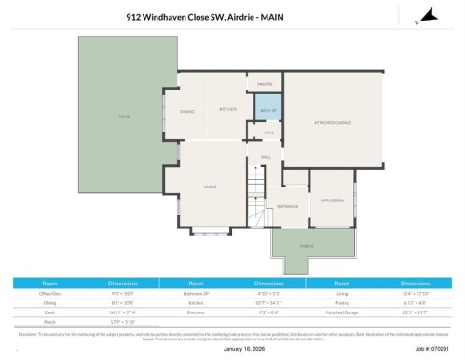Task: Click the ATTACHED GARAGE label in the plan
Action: [333, 122]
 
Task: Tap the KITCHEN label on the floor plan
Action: [228, 109]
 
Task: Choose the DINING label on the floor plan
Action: [186, 111]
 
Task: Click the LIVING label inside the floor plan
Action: [211, 187]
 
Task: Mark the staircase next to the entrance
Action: [257, 200]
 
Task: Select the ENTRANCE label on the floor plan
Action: [287, 206]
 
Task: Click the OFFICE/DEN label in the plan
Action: [333, 200]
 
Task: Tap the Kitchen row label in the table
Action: [196, 302]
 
